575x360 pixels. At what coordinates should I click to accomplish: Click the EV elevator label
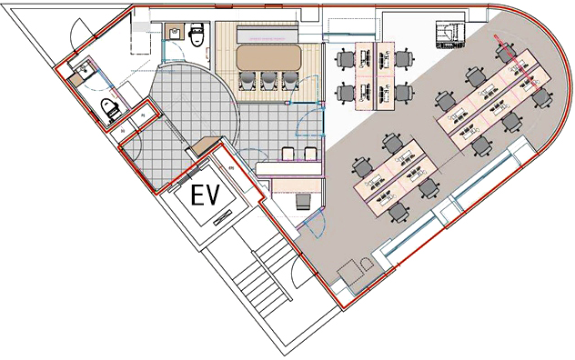pyautogui.click(x=206, y=195)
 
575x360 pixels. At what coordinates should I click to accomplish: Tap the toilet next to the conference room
pyautogui.click(x=197, y=35)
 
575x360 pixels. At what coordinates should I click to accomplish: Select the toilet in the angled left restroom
pyautogui.click(x=110, y=109)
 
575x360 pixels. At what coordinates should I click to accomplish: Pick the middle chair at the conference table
pyautogui.click(x=268, y=81)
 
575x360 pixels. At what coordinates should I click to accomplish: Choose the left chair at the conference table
pyautogui.click(x=247, y=81)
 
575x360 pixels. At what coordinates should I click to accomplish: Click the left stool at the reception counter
pyautogui.click(x=288, y=154)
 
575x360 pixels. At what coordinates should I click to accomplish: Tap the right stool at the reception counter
pyautogui.click(x=310, y=154)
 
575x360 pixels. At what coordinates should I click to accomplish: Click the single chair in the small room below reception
pyautogui.click(x=303, y=202)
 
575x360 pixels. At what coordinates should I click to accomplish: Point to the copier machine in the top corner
pyautogui.click(x=450, y=35)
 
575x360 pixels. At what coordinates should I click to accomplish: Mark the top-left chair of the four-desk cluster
pyautogui.click(x=345, y=59)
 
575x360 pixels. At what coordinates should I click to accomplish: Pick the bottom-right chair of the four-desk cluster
pyautogui.click(x=404, y=94)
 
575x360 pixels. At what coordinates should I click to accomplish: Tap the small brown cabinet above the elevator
pyautogui.click(x=205, y=145)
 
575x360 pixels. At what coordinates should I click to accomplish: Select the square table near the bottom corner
pyautogui.click(x=350, y=272)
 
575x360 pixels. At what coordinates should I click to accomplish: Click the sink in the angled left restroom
pyautogui.click(x=84, y=68)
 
